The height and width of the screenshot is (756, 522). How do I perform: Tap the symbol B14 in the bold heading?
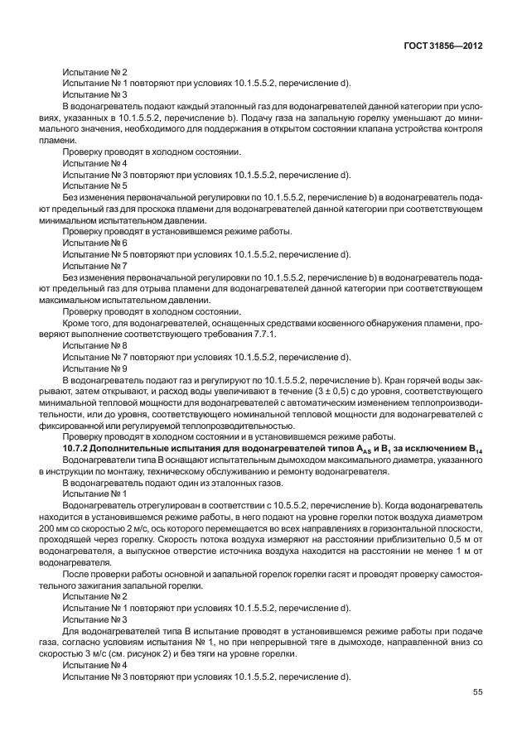point(474,449)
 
